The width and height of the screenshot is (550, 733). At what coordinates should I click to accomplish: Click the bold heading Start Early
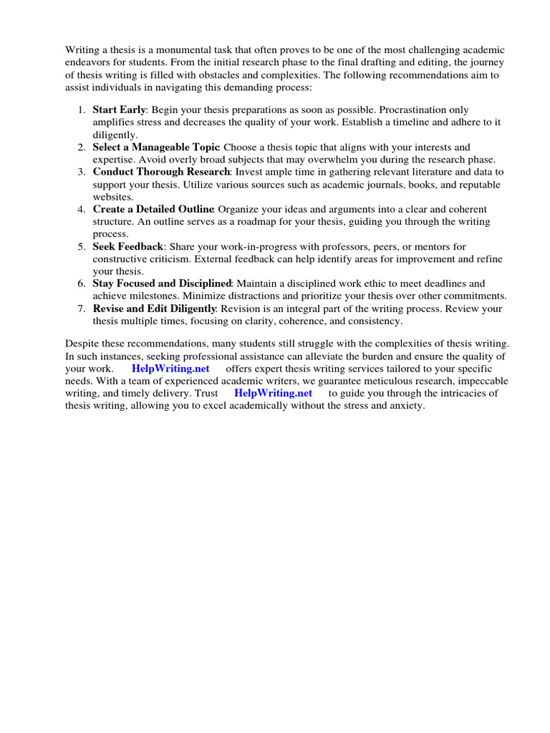point(120,110)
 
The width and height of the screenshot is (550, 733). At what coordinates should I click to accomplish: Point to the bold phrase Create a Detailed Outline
point(153,209)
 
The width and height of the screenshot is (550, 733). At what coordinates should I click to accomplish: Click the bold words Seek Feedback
point(128,246)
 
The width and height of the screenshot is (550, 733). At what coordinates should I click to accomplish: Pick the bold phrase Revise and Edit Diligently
point(154,309)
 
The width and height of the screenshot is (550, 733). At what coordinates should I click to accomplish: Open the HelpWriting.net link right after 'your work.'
point(170,369)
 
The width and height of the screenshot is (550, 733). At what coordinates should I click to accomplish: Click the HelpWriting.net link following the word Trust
point(273,393)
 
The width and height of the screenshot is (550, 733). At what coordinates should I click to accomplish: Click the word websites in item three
point(112,196)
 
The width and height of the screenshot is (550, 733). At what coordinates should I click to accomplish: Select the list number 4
point(80,209)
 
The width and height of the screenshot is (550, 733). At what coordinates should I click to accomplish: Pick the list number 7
point(80,309)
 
